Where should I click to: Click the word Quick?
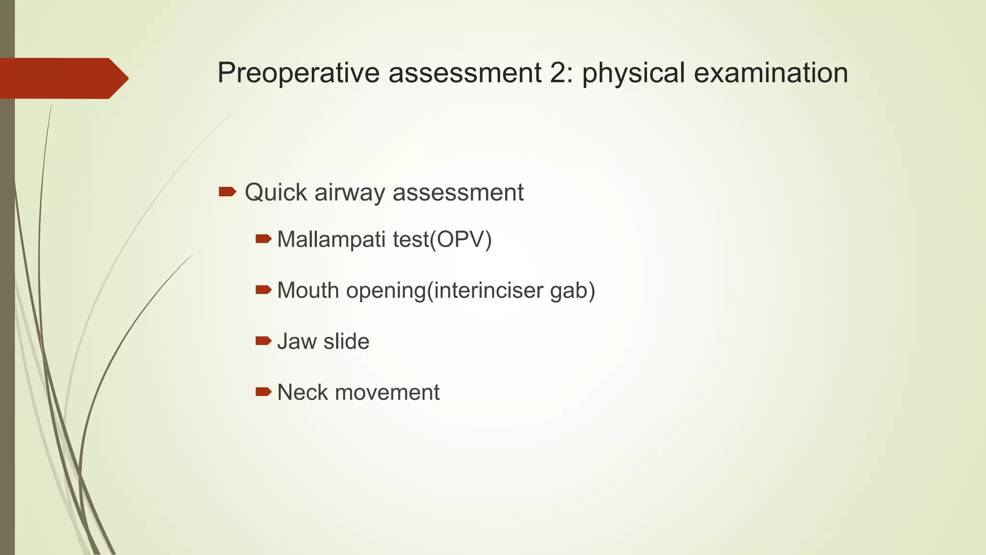pos(275,193)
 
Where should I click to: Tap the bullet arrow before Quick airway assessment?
pos(227,192)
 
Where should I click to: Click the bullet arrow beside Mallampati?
pos(263,238)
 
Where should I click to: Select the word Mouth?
pos(308,291)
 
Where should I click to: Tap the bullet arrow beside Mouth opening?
pos(263,290)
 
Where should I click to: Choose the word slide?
pos(346,342)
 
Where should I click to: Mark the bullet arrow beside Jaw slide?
pos(263,341)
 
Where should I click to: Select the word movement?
pos(387,393)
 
